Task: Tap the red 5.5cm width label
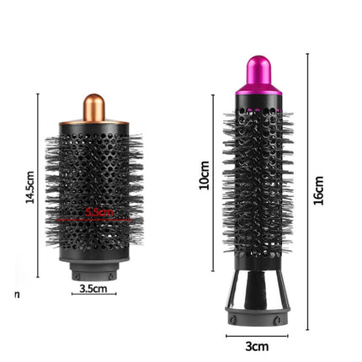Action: tap(99, 213)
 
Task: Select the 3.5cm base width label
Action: tap(93, 289)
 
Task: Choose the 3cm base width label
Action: tap(256, 346)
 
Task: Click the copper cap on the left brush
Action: tap(94, 107)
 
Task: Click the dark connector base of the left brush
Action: tap(93, 272)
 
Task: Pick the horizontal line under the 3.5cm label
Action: tap(93, 295)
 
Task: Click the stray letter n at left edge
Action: tap(17, 295)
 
